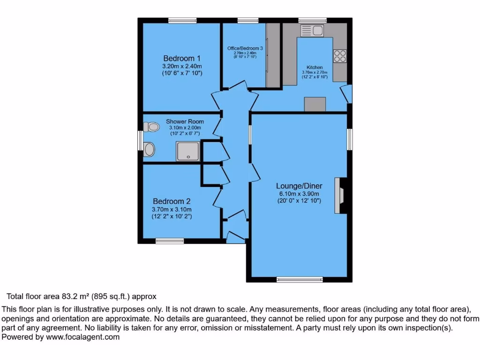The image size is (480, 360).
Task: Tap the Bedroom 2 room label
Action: [x=172, y=202]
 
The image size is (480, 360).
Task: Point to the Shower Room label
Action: [x=185, y=121]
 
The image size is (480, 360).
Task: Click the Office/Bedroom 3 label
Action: [x=245, y=48]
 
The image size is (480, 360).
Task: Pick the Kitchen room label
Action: [x=315, y=67]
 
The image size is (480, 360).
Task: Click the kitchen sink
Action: [x=312, y=31]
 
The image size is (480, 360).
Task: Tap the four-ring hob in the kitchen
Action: [x=339, y=56]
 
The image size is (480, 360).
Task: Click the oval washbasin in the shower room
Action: [x=150, y=150]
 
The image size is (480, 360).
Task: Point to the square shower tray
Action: [x=187, y=151]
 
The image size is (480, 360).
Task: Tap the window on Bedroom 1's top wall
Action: [x=182, y=20]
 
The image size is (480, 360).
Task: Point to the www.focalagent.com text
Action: [x=82, y=337]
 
